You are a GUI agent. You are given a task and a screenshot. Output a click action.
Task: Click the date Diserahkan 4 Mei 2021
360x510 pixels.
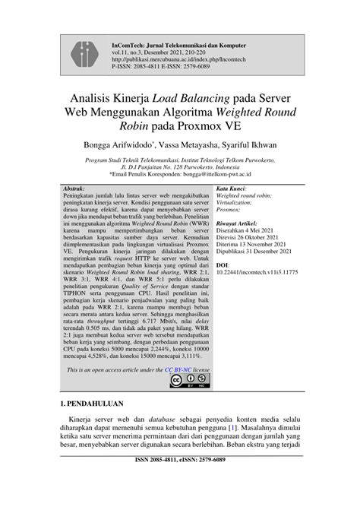[246, 231]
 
